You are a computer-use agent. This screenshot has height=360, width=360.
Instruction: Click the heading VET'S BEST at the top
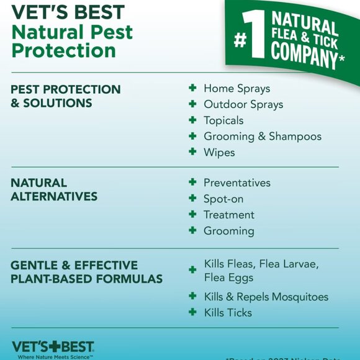point(68,12)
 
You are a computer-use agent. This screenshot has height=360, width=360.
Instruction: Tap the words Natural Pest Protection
point(72,41)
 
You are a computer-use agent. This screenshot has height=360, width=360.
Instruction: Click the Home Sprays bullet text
point(236,89)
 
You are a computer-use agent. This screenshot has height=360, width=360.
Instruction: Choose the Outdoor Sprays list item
point(243,105)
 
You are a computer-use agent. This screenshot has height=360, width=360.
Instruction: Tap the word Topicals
point(223,120)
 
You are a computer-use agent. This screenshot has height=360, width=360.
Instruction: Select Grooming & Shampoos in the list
point(263,137)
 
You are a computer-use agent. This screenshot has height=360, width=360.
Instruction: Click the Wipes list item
point(219,153)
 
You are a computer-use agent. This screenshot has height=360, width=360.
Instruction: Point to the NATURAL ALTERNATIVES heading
point(54,190)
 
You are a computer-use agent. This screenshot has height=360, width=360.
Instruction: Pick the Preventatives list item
point(237,183)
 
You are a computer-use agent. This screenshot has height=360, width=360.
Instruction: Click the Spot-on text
point(223,199)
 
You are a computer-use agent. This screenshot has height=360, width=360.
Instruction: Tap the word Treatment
point(229,215)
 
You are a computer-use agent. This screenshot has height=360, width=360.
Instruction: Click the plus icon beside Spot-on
point(192,199)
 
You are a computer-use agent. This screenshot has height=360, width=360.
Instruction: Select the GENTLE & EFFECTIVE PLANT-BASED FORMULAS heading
point(86,272)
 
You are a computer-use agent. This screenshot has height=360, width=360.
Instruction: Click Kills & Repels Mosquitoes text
point(266,297)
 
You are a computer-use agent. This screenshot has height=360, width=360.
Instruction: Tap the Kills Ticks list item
point(228,312)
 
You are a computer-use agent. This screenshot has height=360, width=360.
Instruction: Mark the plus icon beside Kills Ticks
point(192,312)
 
